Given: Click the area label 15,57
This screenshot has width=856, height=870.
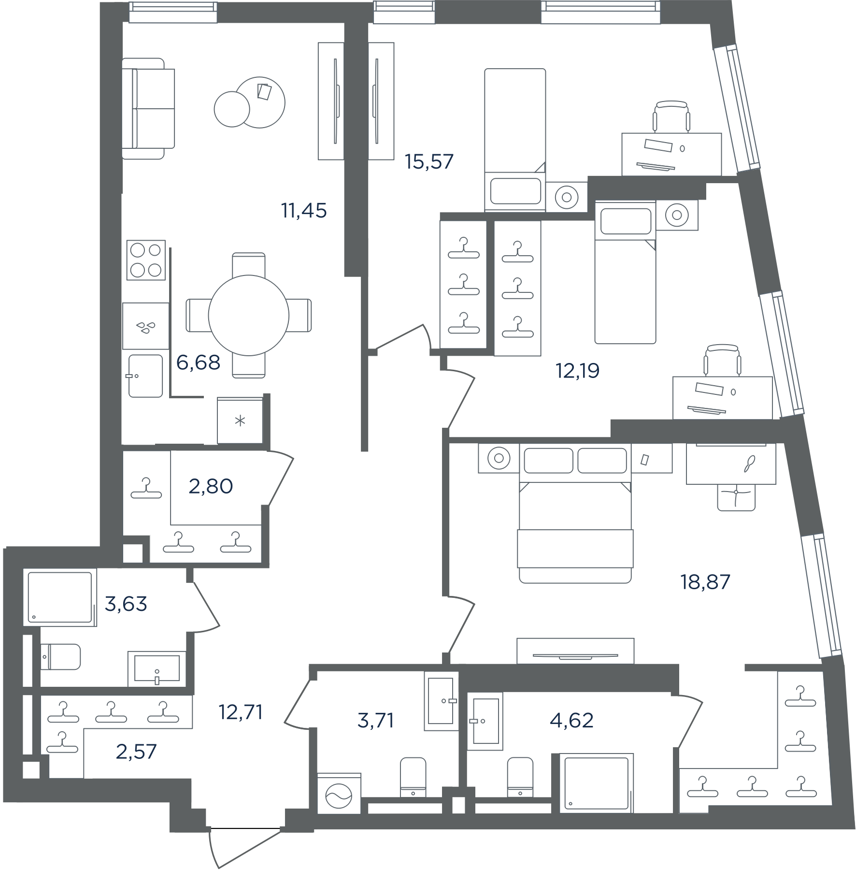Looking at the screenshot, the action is (x=429, y=161).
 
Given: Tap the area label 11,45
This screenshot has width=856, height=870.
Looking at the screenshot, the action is (x=304, y=211).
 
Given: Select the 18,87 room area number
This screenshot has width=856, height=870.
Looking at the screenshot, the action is (x=705, y=582).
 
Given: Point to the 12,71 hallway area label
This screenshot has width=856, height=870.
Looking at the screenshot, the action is (x=241, y=712).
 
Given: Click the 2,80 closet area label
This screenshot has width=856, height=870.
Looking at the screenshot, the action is (x=211, y=486).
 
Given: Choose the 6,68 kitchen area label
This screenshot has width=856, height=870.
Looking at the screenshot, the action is (x=198, y=362).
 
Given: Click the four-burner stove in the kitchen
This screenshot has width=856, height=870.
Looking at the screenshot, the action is (x=146, y=260).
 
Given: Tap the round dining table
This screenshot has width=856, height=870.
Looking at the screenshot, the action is (x=249, y=315).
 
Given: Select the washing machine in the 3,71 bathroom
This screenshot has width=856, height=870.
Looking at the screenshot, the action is (x=339, y=794).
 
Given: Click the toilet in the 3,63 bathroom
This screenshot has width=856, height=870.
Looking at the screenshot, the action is (x=60, y=656).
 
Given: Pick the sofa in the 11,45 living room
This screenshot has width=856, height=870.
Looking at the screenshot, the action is (x=148, y=108).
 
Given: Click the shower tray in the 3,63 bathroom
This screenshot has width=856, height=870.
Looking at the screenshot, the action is (x=60, y=597).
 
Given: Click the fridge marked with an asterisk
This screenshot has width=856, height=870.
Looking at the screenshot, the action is (x=240, y=420).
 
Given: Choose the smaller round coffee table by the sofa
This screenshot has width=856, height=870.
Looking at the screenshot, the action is (x=232, y=109).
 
